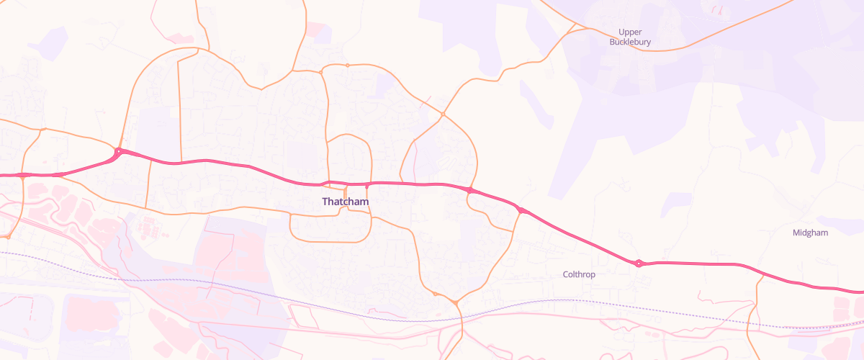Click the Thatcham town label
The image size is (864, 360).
346,202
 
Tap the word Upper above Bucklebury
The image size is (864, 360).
630,32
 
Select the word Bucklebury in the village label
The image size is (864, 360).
630,42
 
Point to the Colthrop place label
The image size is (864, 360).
579,274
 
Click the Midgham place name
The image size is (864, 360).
810,233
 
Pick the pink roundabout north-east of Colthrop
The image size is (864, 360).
639,264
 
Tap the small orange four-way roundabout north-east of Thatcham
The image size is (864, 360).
443,114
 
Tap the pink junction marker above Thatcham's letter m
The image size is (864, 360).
367,186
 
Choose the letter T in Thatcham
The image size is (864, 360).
325,202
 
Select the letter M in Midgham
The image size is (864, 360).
796,233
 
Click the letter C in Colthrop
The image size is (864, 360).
566,274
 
